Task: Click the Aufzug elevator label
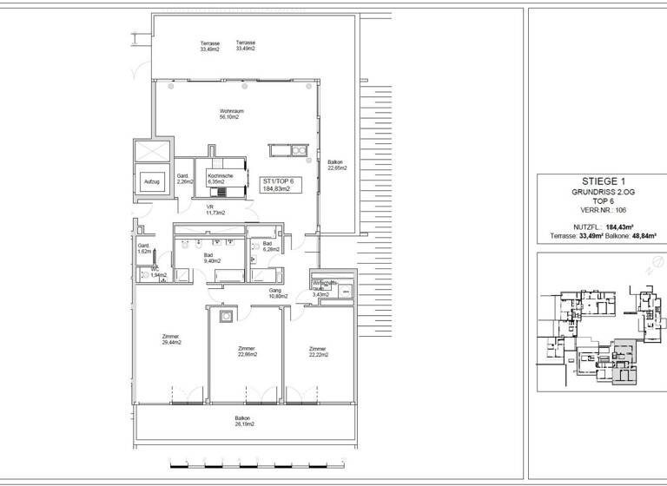150,181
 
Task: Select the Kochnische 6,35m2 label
220,179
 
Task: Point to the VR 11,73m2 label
215,209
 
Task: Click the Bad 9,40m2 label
211,257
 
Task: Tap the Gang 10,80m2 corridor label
276,293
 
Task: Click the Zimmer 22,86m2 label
246,351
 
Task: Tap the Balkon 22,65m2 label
336,165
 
